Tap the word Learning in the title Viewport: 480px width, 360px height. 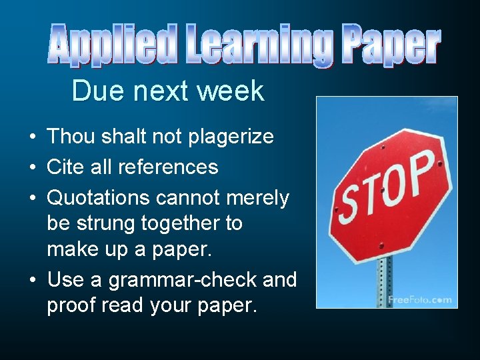257,45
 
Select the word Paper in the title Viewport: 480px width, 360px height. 391,44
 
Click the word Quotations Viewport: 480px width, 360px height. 98,198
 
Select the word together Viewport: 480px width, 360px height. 187,223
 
